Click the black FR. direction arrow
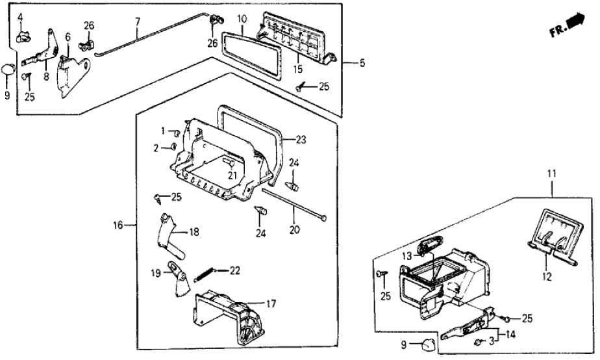(x=574, y=23)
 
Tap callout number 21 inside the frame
(x=232, y=174)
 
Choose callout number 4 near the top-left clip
(x=19, y=16)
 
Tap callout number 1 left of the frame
(x=164, y=130)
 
